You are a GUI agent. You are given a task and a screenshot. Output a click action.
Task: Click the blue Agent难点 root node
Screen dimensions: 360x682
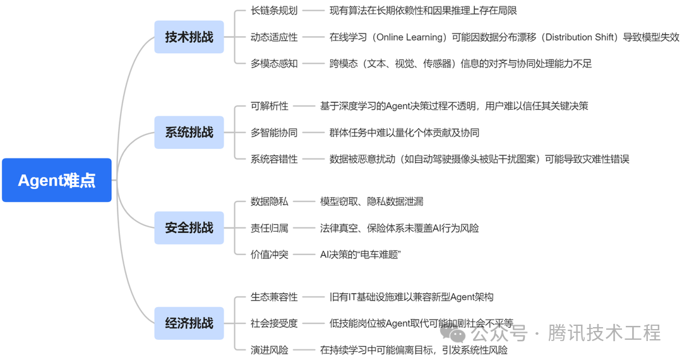tap(57, 180)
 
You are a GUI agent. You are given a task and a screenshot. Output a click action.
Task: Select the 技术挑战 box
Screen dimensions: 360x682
tap(189, 37)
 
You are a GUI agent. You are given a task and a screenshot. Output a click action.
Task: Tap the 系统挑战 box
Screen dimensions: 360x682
tap(189, 133)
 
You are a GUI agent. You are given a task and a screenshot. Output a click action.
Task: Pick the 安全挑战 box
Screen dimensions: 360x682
tap(189, 228)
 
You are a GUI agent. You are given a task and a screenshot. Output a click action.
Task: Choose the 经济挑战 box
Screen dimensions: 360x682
tap(189, 323)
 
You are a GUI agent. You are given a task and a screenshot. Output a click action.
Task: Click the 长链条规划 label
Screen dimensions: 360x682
tap(274, 11)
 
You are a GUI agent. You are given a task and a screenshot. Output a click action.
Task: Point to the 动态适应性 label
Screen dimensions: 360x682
tap(274, 37)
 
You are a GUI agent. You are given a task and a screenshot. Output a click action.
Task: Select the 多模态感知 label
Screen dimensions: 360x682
tap(274, 64)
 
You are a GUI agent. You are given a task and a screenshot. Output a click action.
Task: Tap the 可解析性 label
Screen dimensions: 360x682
tap(269, 106)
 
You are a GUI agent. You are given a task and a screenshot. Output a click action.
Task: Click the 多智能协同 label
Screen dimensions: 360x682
tap(274, 133)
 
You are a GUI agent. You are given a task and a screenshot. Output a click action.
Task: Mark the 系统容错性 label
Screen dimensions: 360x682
tap(274, 159)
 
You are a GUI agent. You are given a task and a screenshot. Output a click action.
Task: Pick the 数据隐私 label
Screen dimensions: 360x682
tap(269, 201)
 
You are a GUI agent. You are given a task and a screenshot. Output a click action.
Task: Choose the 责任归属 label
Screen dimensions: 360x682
tap(269, 228)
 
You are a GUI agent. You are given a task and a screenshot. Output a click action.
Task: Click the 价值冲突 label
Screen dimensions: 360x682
tap(269, 255)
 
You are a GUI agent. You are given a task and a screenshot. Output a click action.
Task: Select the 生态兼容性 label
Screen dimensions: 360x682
tap(274, 297)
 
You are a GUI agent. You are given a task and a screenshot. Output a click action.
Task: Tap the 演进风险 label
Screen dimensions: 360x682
tap(269, 350)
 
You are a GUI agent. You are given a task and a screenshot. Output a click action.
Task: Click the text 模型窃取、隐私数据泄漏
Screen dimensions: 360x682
tap(371, 201)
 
